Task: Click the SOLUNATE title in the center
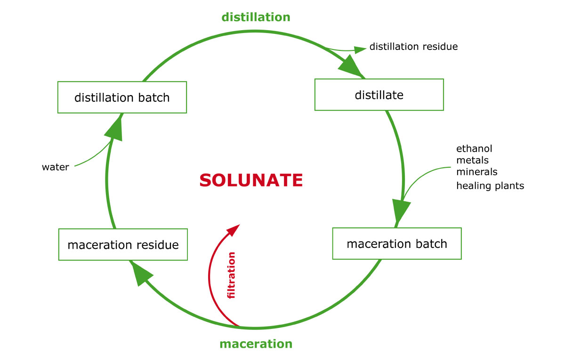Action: coord(251,180)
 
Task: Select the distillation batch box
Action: coord(122,98)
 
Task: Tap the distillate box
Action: coord(379,95)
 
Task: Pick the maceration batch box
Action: coord(396,244)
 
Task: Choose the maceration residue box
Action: coord(123,245)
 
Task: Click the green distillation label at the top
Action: coord(256,17)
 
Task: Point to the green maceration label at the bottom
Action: coord(256,343)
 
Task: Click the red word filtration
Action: coord(231,276)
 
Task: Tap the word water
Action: coord(55,167)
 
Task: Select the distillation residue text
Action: coord(413,47)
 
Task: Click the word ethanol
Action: coord(474,149)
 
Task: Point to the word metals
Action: coord(472,160)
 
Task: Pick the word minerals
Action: coord(476,172)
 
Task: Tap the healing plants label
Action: coord(490,186)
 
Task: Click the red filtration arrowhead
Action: coord(234,229)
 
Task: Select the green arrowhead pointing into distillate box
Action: coord(351,66)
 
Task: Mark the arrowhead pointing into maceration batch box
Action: coord(401,210)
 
